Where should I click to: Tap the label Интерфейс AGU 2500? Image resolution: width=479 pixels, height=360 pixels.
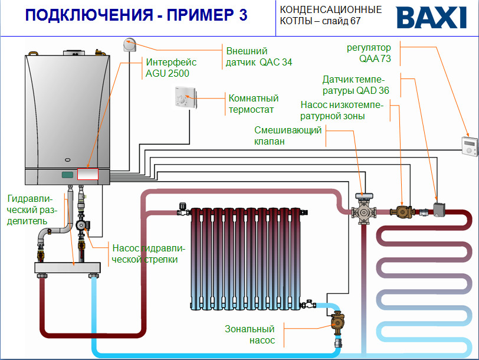point(171,67)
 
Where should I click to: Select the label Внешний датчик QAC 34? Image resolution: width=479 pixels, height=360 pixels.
point(259,57)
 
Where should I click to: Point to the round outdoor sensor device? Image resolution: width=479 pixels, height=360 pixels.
point(130,44)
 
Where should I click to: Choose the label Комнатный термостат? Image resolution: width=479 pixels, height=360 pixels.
point(253,104)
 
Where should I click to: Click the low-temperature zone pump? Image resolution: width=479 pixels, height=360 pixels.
point(403,211)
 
